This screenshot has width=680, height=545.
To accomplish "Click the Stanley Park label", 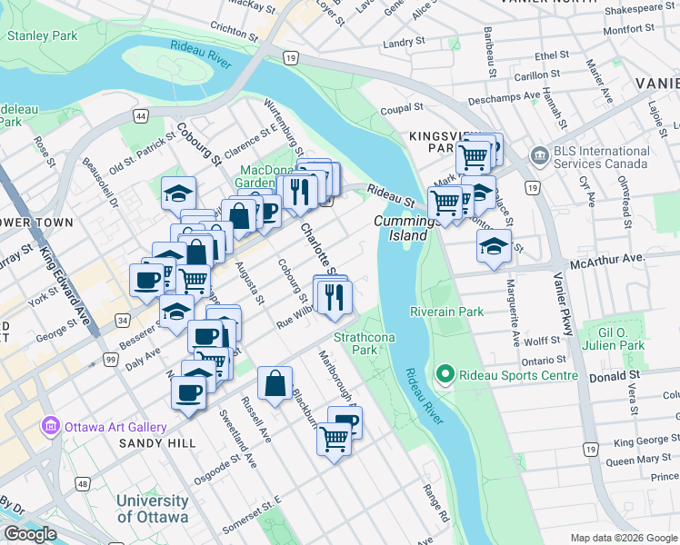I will (x=43, y=36).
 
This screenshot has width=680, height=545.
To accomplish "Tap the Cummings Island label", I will (x=400, y=228).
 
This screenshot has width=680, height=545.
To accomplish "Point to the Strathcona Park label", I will (x=355, y=342).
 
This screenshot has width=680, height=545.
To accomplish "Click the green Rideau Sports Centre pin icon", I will (x=445, y=374).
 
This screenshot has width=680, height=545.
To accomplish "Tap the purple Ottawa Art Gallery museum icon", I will (x=50, y=427).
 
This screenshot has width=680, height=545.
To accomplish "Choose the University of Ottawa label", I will (x=152, y=509).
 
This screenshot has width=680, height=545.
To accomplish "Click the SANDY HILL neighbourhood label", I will (x=156, y=443).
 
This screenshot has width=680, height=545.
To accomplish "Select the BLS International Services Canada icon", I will (x=539, y=155).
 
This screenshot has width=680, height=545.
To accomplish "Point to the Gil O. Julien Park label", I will (x=614, y=339).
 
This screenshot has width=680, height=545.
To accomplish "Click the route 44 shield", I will (x=140, y=116).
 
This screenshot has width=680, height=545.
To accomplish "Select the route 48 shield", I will (x=83, y=484).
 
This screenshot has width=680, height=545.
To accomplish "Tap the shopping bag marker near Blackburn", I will (x=275, y=383).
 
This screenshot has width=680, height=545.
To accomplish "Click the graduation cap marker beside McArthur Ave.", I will (x=494, y=248).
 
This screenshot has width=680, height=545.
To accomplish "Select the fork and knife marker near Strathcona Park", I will (x=334, y=295).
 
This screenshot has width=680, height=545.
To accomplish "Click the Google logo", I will (x=30, y=534).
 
